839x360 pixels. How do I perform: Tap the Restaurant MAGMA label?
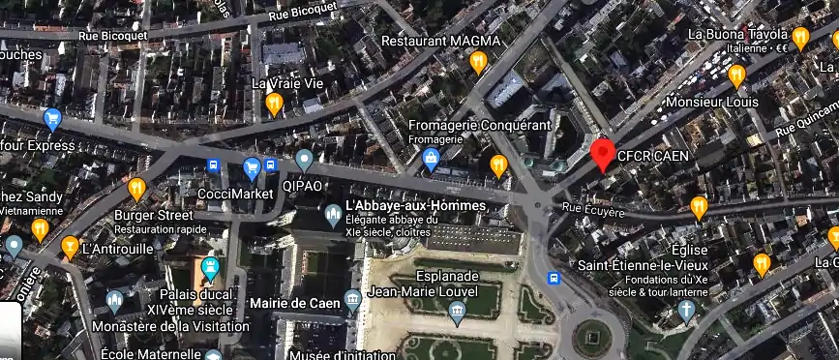click(441, 41)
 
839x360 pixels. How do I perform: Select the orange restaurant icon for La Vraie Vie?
click(274, 104)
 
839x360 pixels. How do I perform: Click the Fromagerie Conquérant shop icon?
click(432, 161)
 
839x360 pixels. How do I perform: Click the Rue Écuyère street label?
click(594, 207)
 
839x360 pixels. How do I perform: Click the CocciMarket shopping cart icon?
click(252, 166)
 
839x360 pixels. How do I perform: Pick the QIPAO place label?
click(302, 184)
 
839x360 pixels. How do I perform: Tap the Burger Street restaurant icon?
click(136, 187)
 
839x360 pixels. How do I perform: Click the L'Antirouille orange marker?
click(70, 247)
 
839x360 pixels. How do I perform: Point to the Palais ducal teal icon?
click(210, 268)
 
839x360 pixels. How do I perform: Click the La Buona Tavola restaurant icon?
click(800, 38)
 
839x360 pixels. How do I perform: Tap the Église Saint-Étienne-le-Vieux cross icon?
click(686, 310)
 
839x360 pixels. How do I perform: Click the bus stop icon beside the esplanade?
click(554, 279)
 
